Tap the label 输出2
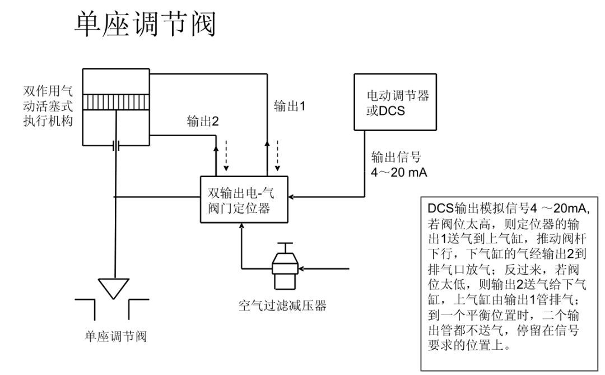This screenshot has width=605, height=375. [x=202, y=122]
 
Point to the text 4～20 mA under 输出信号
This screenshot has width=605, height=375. [x=399, y=172]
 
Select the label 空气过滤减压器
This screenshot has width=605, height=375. [x=281, y=306]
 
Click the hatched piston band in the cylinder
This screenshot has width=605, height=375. [x=116, y=103]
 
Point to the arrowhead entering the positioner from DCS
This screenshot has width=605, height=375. [x=295, y=197]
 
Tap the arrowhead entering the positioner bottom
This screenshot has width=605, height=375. [x=241, y=226]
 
